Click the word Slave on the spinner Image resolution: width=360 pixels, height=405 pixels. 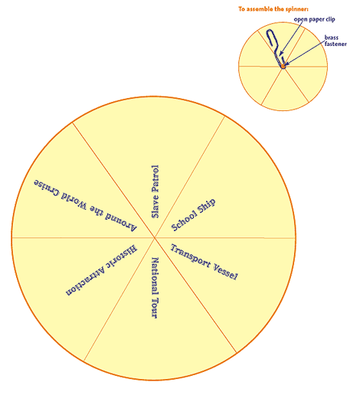point(155,207)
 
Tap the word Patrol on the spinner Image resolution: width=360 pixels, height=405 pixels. point(155,178)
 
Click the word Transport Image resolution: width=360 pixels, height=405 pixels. point(191,256)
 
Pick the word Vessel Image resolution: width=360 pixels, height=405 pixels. point(225,272)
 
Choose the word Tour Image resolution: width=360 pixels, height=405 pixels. point(155,308)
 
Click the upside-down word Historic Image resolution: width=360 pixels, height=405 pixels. point(122,256)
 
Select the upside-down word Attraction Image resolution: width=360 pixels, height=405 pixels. point(86,281)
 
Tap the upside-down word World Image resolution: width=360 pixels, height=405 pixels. point(74,200)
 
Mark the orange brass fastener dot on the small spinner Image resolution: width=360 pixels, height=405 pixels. point(283,66)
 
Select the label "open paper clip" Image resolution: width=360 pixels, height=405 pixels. point(314,19)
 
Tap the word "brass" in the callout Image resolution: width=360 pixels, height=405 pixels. point(332,38)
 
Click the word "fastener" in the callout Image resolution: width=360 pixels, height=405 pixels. point(335,44)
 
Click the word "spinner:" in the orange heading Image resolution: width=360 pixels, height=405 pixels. point(297,9)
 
